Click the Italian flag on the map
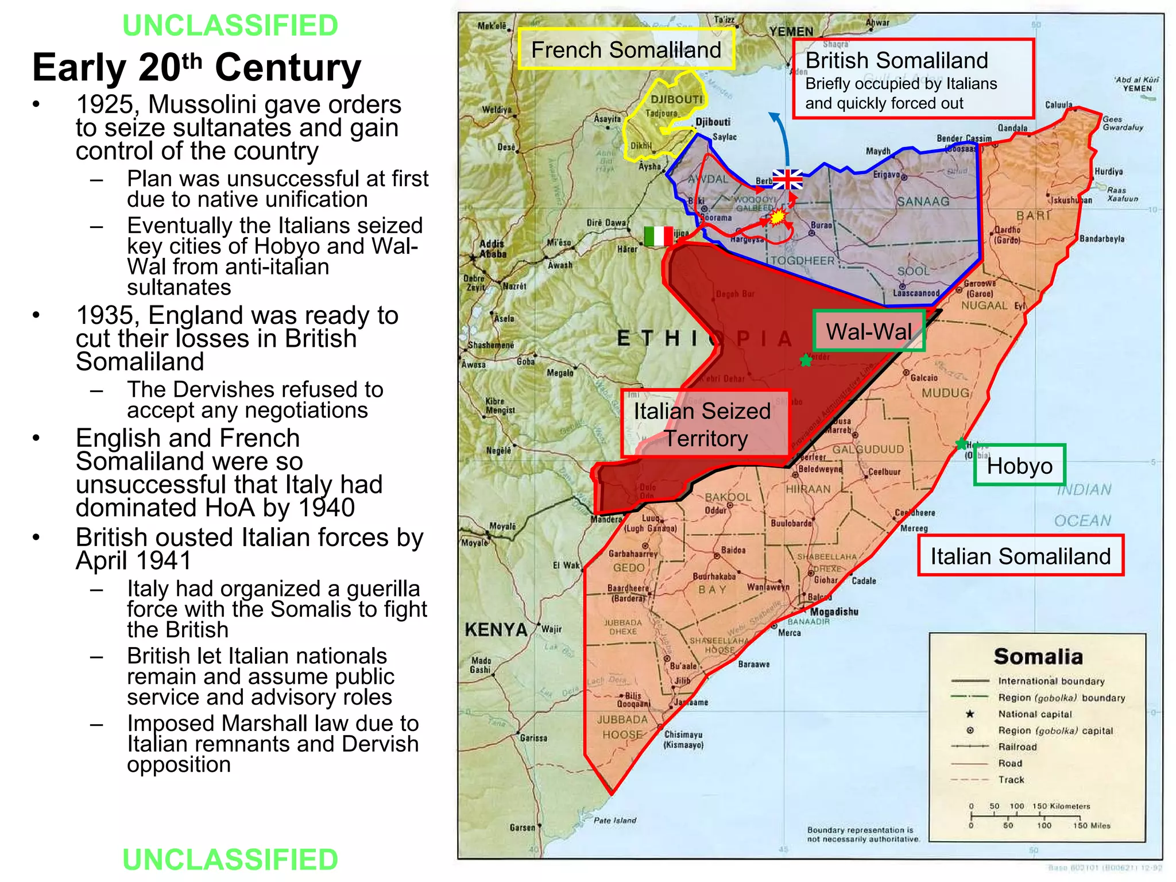(x=659, y=236)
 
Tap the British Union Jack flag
(x=787, y=180)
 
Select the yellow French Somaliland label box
(x=626, y=50)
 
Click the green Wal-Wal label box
(x=868, y=331)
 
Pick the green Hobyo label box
(x=1019, y=466)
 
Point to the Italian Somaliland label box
(x=1020, y=556)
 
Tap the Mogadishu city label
(x=834, y=612)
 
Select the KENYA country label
(x=496, y=630)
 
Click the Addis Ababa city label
(x=493, y=249)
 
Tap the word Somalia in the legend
(x=1038, y=656)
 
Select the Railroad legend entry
(x=1017, y=746)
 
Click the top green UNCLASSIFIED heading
(x=230, y=25)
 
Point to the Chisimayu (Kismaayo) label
(x=683, y=740)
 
